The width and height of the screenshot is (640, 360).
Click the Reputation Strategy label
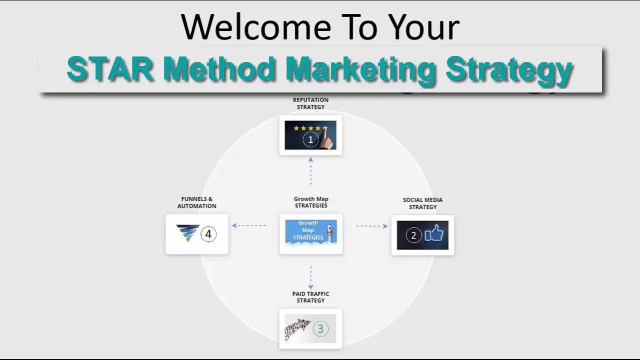coord(310,103)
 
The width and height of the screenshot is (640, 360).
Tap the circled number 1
coord(310,140)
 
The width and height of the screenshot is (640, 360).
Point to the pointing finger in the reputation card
coord(327,140)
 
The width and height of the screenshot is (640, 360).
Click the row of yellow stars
coord(310,128)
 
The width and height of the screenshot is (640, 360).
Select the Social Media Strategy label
coord(422,203)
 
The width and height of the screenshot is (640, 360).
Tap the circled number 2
coord(413,235)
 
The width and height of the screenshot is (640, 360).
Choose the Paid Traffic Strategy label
coord(310,297)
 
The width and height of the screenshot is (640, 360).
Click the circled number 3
coord(320,329)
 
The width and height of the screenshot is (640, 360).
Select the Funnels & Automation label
coord(196,202)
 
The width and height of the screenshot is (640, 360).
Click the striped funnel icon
coord(187,233)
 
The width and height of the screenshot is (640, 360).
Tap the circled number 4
coord(208,233)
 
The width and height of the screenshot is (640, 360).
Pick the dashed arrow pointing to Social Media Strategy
coord(371,226)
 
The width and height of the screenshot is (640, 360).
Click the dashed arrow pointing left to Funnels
coord(249,225)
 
